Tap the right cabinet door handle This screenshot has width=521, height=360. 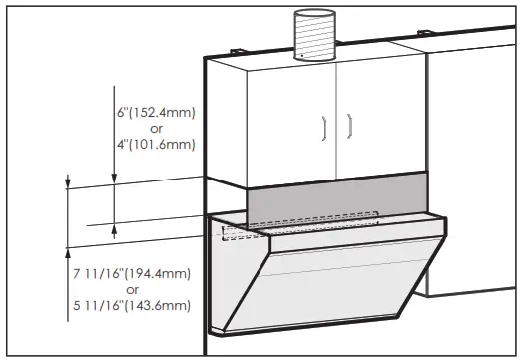(x=350, y=126)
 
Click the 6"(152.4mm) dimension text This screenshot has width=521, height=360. (x=151, y=112)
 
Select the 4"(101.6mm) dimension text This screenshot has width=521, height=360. (x=151, y=144)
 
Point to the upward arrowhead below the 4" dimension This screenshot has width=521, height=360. (x=115, y=228)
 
